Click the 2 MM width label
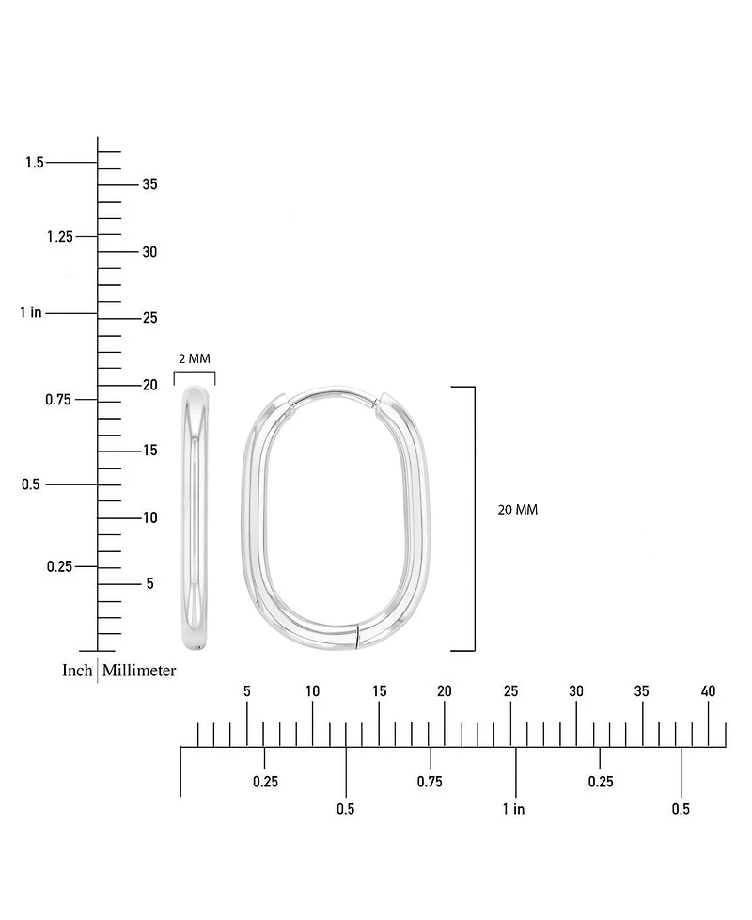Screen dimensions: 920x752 195,358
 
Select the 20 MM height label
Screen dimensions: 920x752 517,510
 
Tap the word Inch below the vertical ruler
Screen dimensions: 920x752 77,671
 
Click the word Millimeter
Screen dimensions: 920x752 139,671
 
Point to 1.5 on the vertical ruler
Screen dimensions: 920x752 35,163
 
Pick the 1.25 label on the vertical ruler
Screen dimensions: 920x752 59,236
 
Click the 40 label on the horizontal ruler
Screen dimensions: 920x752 708,691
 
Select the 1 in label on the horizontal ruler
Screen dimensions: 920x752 513,809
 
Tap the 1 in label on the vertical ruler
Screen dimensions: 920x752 30,312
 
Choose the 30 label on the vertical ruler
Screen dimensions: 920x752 149,252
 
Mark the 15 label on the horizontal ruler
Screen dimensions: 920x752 379,691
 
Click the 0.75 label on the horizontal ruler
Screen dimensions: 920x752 430,782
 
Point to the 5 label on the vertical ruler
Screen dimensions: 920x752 149,583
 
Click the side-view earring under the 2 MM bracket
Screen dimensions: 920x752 196,517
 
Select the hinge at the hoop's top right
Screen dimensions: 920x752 379,404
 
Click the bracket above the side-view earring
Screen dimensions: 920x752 195,374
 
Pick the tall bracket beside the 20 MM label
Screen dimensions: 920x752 473,517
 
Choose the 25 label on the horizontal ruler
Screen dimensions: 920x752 510,691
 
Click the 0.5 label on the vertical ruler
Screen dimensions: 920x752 31,484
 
